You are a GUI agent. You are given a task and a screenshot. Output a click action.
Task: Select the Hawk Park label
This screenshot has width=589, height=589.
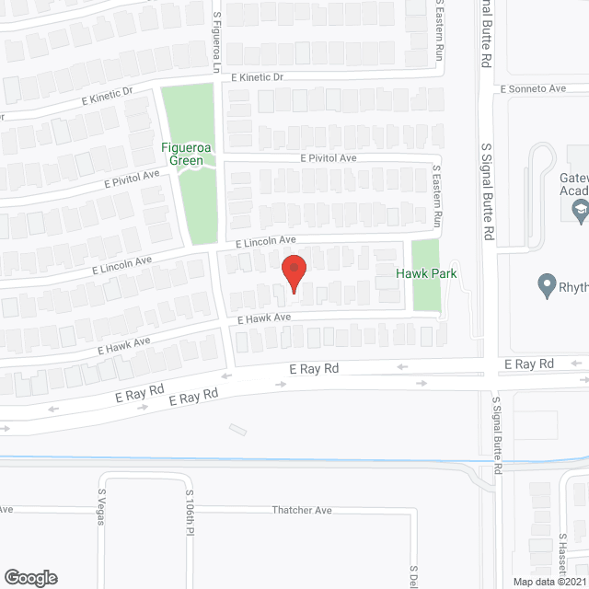click(426, 273)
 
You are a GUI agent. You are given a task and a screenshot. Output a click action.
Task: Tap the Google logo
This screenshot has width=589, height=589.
click(29, 577)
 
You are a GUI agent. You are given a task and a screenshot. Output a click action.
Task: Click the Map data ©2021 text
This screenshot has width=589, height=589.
click(549, 581)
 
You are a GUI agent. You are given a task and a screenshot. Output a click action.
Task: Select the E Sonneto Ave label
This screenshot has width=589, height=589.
click(533, 89)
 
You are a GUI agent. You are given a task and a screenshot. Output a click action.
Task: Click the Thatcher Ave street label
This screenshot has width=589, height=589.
click(301, 510)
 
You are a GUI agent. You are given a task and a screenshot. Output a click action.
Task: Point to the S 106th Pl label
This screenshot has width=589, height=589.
click(190, 512)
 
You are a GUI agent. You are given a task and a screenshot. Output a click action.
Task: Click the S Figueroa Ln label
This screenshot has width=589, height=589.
click(217, 41)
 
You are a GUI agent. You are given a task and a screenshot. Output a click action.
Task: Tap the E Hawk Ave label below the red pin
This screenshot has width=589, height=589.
click(264, 318)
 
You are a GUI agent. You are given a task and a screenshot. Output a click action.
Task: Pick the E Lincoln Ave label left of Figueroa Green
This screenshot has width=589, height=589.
click(121, 266)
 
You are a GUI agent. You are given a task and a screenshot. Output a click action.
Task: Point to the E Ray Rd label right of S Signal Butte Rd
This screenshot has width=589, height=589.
click(533, 364)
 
